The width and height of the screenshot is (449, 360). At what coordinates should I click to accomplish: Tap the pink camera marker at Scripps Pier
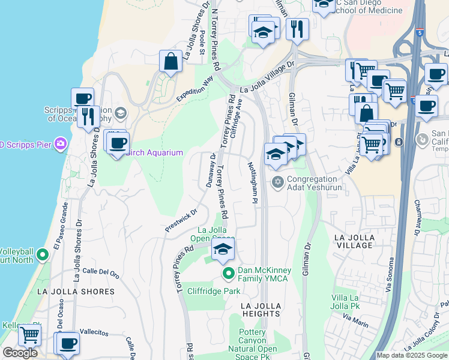click(x=60, y=143)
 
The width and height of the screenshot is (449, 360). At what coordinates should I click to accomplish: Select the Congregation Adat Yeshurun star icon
click(x=277, y=182)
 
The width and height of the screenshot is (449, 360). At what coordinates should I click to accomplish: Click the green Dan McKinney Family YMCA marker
click(x=228, y=274)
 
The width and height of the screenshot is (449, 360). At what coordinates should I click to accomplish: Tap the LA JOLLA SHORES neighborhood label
click(x=76, y=292)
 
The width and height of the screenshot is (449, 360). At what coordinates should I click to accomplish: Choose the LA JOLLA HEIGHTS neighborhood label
click(x=262, y=310)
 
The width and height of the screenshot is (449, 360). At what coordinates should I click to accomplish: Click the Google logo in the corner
click(x=20, y=353)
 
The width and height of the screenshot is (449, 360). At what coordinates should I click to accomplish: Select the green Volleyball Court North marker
click(x=42, y=255)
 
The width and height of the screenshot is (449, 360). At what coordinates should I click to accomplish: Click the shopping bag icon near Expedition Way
click(x=171, y=61)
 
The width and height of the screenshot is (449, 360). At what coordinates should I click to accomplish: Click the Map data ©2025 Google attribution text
click(x=412, y=355)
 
